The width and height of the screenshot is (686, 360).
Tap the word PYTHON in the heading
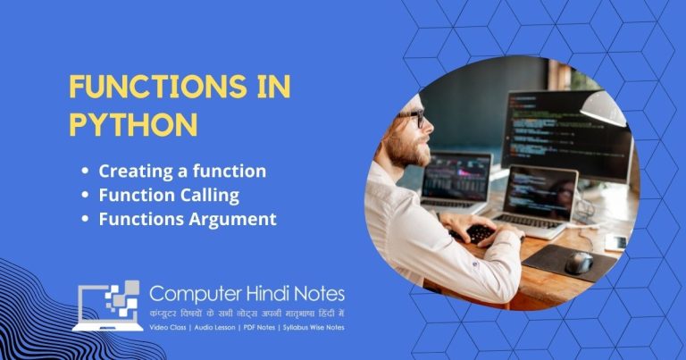click(133, 123)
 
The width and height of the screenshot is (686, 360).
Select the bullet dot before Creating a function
click(85, 171)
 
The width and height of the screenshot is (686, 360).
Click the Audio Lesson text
click(220, 328)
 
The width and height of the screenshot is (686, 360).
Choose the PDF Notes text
click(265, 328)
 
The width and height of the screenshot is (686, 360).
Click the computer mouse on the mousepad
click(578, 262)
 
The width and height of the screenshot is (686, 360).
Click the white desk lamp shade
click(607, 108)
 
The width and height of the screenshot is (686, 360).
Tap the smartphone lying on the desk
click(615, 242)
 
